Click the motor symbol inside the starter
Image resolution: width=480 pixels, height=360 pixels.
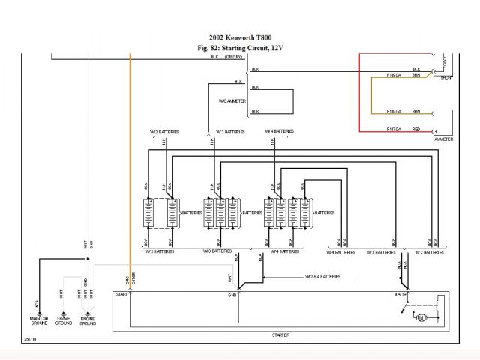point(421,318)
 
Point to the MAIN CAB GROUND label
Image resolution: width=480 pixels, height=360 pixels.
point(39,320)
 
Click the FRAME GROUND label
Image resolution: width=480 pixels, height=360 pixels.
point(64,320)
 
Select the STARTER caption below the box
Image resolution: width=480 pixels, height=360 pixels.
point(280,334)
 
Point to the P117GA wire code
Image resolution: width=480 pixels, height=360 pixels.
point(394,130)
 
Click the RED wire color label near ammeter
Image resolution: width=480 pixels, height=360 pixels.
point(415,130)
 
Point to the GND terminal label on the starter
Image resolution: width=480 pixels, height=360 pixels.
point(232,295)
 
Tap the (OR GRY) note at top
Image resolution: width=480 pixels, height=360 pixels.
point(233,57)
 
